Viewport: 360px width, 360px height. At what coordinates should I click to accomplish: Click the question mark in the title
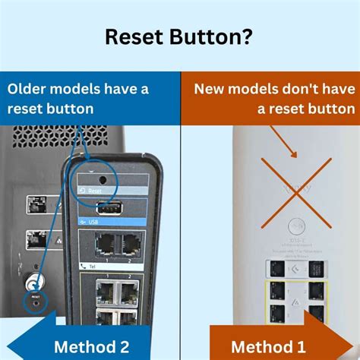pos(251,38)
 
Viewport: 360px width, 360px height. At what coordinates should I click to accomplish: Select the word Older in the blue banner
pos(28,89)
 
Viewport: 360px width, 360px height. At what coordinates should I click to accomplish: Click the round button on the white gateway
pos(295,226)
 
